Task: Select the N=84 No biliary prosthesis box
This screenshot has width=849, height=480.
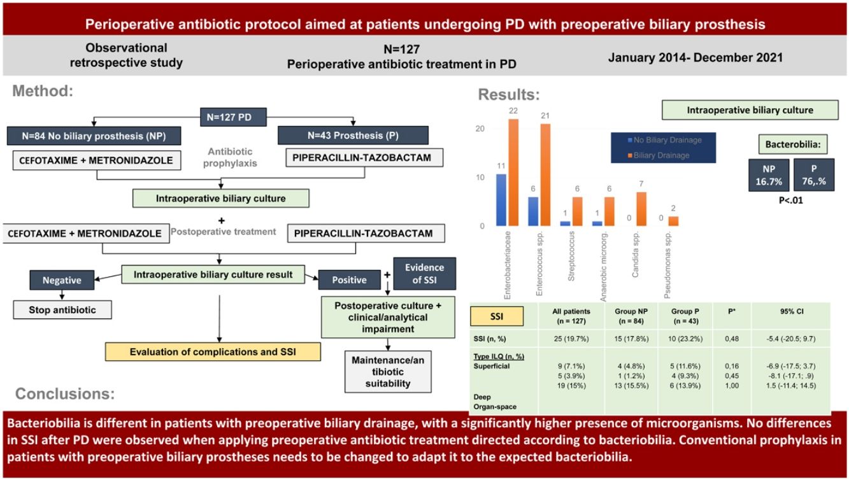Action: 94,136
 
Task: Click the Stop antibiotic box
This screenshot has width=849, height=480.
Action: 62,310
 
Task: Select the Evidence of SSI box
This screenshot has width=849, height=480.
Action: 424,274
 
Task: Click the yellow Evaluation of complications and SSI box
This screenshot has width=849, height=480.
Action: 212,351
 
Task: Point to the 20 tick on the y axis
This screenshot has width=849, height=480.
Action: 481,129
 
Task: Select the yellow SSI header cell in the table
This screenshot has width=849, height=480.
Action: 496,316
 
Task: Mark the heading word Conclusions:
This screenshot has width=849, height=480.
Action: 65,394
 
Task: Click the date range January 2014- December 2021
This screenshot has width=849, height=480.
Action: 696,57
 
